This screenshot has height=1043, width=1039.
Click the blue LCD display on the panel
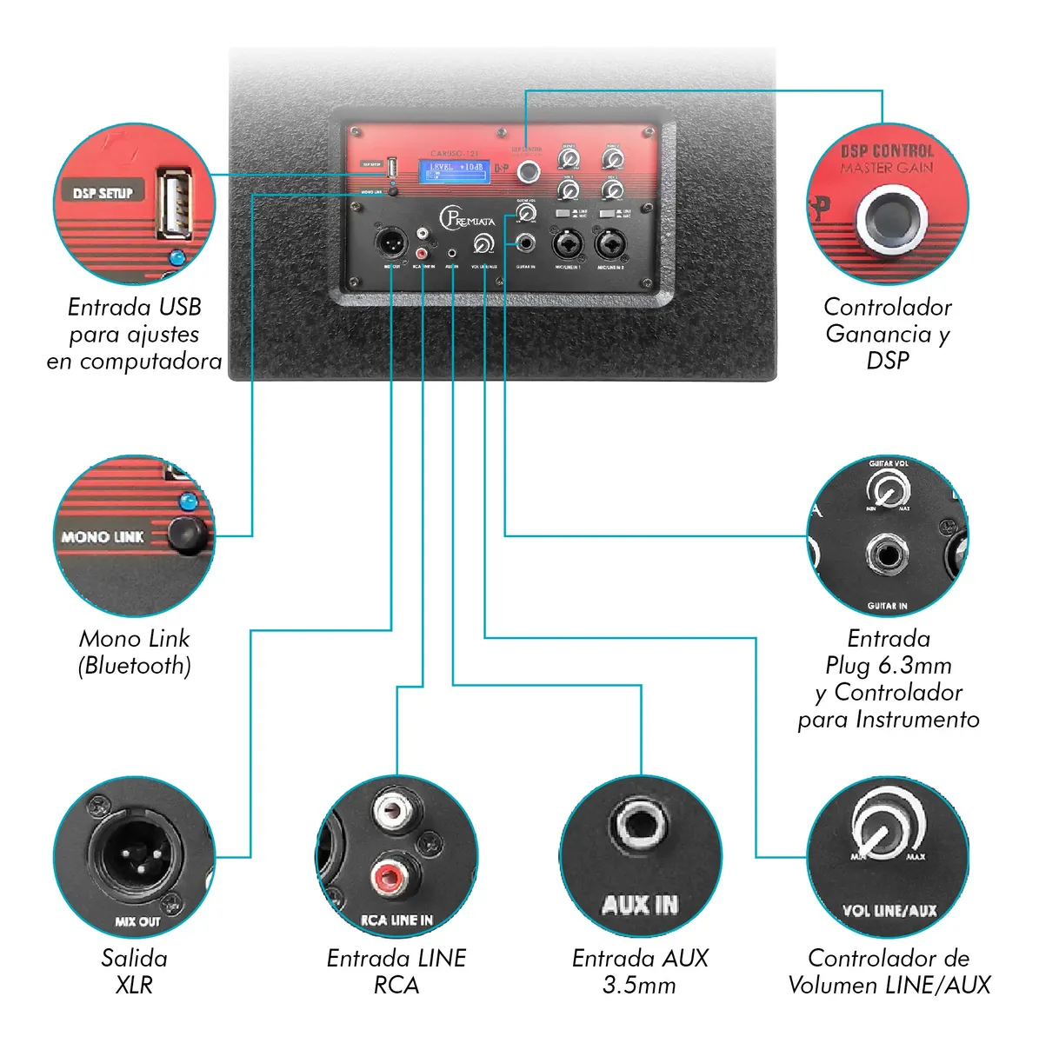455,170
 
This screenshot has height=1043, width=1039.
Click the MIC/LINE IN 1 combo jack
568,244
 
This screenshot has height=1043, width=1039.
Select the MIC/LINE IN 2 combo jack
610,244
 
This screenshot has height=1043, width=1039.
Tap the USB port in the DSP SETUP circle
174,204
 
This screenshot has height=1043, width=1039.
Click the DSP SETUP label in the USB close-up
103,193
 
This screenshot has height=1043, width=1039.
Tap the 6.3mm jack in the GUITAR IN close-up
887,555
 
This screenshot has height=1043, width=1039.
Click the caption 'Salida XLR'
134,971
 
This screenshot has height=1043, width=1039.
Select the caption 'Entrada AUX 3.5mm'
640,971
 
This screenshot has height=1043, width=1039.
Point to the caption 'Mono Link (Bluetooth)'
134,652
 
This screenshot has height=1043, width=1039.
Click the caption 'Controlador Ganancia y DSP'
888,333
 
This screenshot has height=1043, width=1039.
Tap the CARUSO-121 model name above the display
455,153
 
